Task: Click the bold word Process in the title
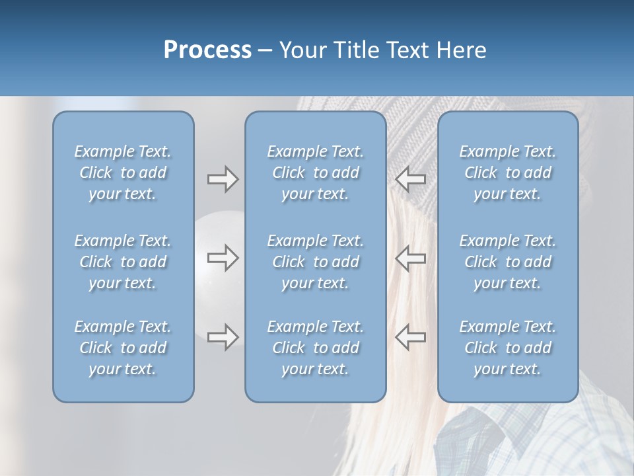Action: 207,50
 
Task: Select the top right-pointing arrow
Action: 223,179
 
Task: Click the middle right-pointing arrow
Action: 223,258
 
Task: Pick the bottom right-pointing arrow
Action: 223,337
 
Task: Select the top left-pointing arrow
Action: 411,178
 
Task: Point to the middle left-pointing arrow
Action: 411,258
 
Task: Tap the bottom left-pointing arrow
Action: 411,337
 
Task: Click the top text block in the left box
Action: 123,173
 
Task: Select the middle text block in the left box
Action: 123,262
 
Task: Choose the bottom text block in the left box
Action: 123,348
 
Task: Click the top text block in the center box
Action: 315,173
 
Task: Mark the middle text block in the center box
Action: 315,262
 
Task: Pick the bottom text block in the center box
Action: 315,348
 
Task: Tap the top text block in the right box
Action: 507,173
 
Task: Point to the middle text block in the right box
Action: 507,262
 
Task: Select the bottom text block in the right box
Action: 507,348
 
